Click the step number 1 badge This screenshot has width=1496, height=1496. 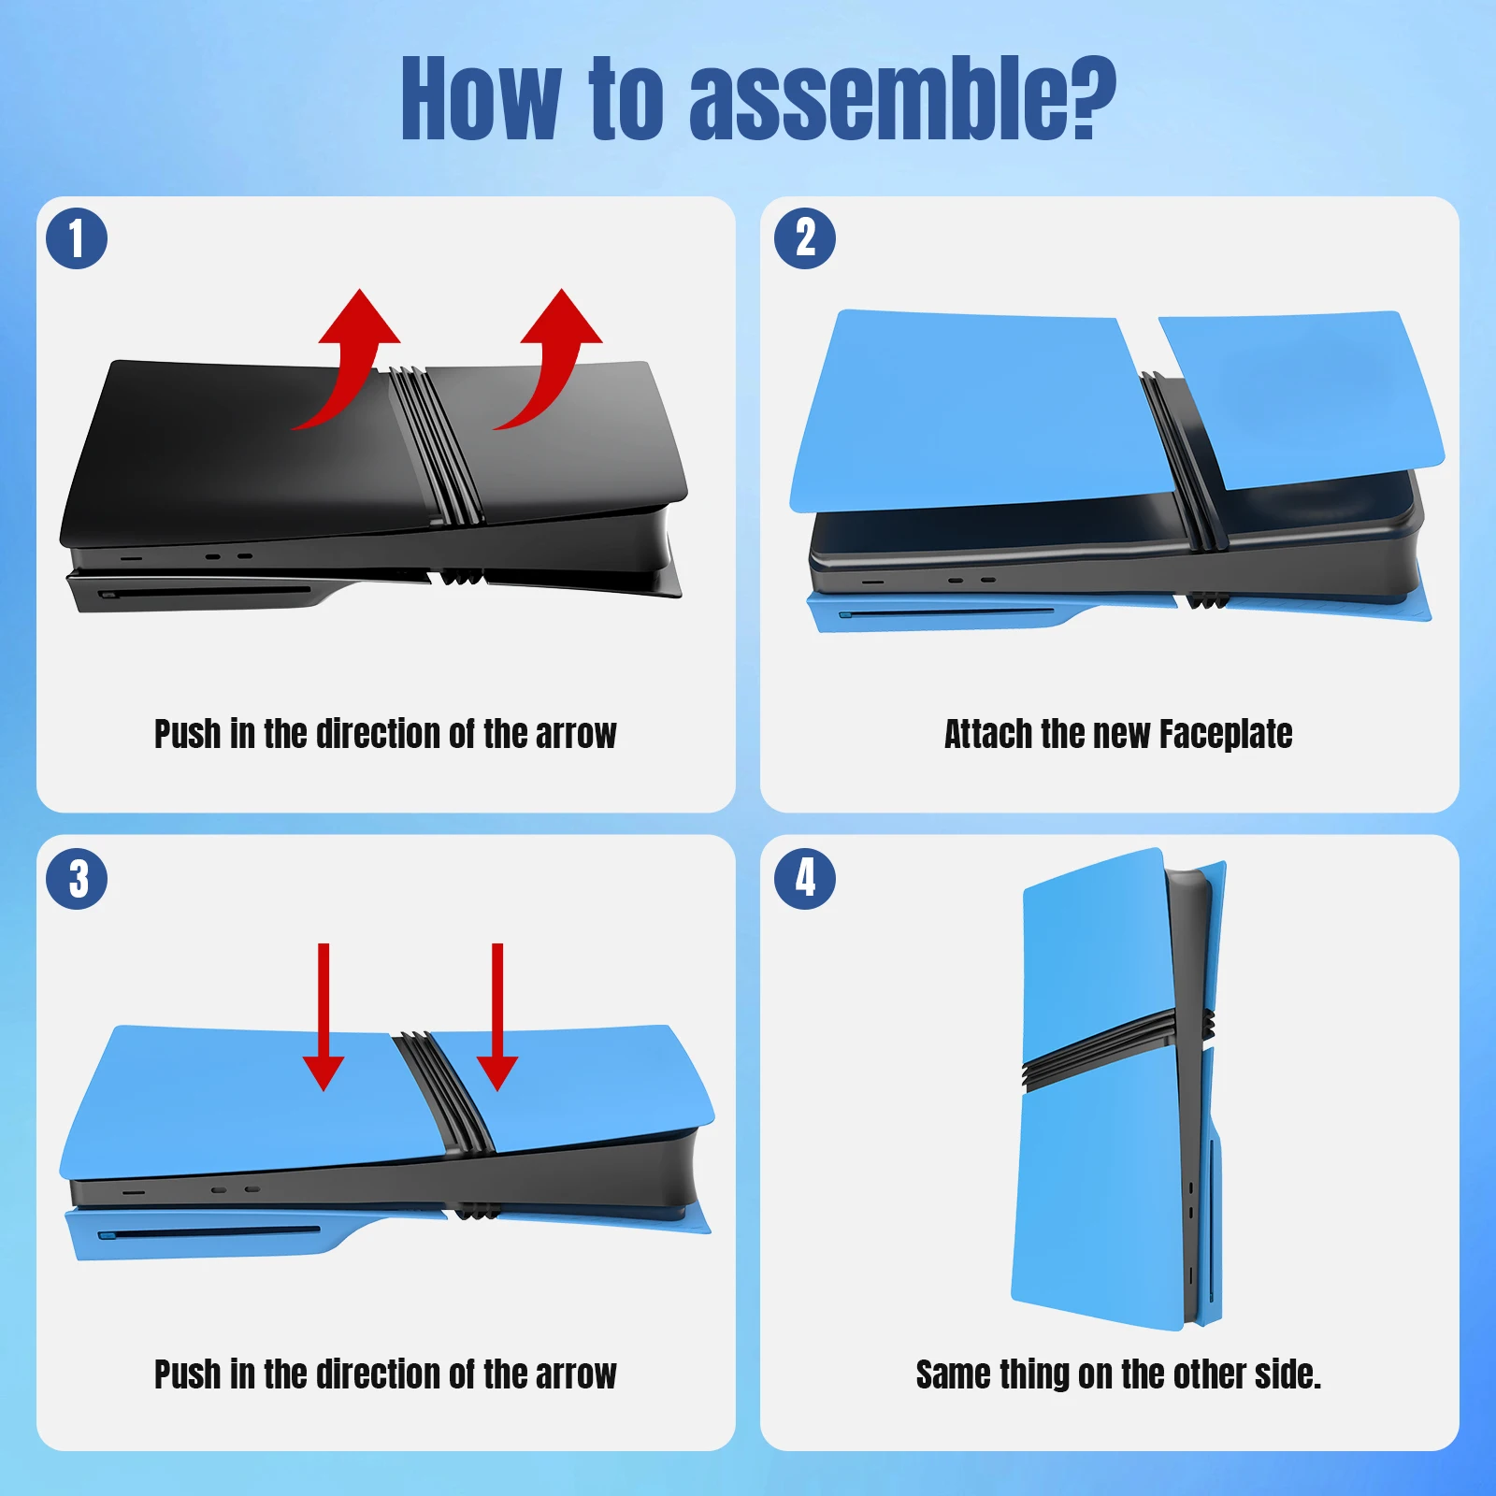(77, 238)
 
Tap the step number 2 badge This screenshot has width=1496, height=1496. (805, 238)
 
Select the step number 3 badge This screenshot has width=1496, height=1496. (77, 879)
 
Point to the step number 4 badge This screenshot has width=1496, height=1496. (805, 879)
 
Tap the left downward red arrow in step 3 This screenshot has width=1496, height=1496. (324, 1016)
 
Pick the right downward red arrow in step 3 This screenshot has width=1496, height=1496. (497, 1016)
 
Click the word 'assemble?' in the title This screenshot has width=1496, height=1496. (902, 99)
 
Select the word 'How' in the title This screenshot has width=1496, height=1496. (481, 97)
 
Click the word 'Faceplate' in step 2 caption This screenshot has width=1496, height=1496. (1226, 735)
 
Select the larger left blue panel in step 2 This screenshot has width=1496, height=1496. (982, 411)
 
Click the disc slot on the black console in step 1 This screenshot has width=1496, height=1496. (206, 593)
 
